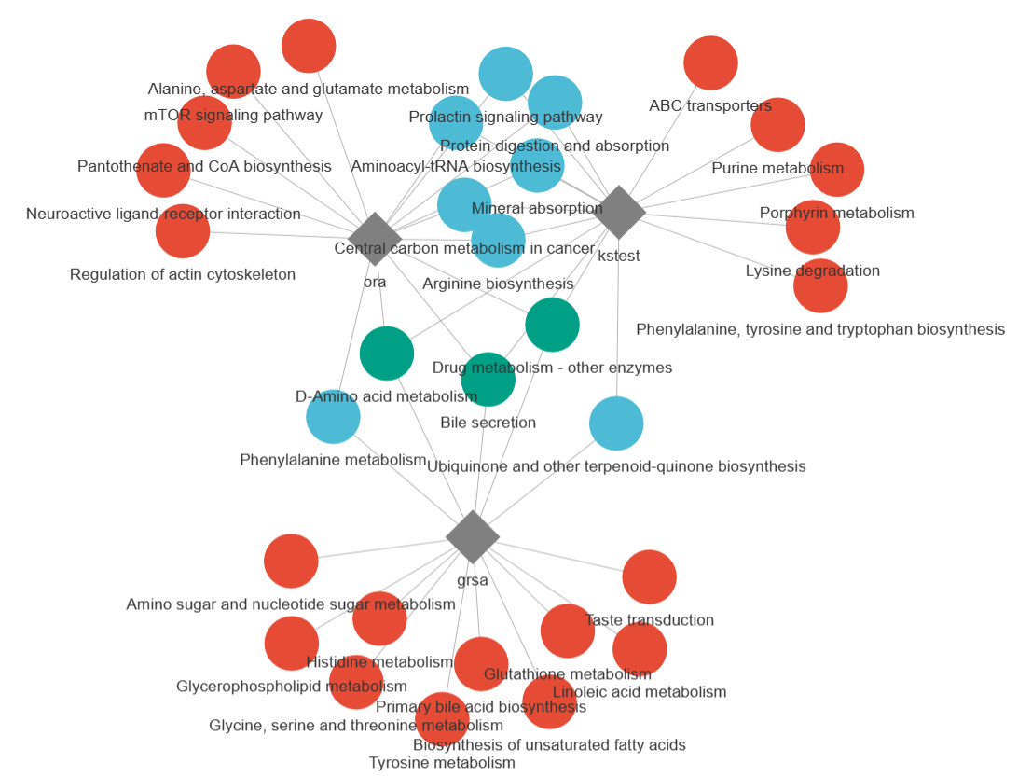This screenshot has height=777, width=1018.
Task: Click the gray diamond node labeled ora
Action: coord(375,239)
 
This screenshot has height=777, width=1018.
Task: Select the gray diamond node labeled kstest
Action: coord(620,213)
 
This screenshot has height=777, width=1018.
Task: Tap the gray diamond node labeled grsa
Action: coord(473,536)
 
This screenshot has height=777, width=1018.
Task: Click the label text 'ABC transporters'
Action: coord(710,106)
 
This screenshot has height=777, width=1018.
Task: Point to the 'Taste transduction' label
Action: coord(649,620)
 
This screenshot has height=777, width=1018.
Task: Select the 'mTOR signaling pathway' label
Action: coord(233,116)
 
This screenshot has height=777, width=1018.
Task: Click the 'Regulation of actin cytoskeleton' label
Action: coord(183,275)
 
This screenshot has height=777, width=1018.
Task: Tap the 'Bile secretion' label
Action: coord(488,423)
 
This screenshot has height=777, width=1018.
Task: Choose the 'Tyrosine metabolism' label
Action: coord(442,763)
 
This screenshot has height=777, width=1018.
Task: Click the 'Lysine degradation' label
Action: coord(812,271)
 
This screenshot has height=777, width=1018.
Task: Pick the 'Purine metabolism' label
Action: coord(777,169)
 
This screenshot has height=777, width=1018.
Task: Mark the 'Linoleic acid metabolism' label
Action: coord(640,692)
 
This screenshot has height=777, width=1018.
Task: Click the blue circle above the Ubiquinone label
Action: coord(616,423)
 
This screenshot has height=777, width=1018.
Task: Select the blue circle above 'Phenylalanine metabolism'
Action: coord(333,416)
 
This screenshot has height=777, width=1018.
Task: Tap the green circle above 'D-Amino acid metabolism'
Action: coord(387,354)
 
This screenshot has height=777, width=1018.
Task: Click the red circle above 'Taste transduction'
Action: coord(649,577)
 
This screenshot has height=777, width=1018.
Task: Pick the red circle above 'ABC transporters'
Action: coord(710,63)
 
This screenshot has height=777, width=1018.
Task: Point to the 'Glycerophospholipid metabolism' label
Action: coord(292,687)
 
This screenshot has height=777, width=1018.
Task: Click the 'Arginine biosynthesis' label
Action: coord(498,284)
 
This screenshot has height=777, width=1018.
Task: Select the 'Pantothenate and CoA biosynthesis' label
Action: coord(204,166)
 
